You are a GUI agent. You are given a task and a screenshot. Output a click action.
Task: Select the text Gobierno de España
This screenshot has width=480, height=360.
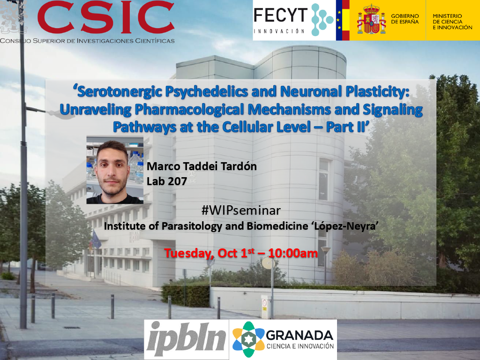click(405, 19)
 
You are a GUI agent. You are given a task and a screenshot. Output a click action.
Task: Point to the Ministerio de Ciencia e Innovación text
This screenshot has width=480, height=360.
click(452, 22)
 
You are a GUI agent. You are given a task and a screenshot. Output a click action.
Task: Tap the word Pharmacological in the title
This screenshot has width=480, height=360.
click(189, 110)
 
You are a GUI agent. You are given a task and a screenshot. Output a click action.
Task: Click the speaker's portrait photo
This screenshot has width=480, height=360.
click(115, 170)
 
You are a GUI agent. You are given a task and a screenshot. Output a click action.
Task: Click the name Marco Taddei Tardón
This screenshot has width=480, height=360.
click(202, 166)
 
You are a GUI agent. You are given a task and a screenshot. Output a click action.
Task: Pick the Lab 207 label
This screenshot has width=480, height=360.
click(167, 181)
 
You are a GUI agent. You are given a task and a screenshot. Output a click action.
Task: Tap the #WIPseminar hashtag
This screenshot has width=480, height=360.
click(241, 210)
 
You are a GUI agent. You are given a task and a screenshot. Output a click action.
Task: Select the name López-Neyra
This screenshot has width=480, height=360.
click(347, 226)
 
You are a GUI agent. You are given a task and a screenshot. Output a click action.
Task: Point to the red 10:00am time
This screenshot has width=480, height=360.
click(293, 253)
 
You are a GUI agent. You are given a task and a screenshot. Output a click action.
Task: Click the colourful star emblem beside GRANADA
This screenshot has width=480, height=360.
click(248, 339)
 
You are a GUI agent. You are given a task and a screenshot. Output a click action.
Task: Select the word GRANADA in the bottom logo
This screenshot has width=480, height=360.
click(300, 336)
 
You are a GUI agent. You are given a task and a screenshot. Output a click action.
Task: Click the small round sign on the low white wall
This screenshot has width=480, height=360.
click(264, 303)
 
